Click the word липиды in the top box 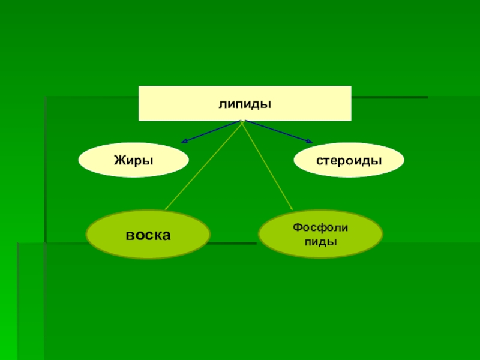pyautogui.click(x=245, y=104)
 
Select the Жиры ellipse pyautogui.click(x=134, y=160)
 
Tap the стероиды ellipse pyautogui.click(x=349, y=160)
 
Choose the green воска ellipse pyautogui.click(x=148, y=235)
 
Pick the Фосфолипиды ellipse pyautogui.click(x=320, y=235)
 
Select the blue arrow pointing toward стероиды pyautogui.click(x=277, y=131)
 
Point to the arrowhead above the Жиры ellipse pyautogui.click(x=184, y=142)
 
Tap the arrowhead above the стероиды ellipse pyautogui.click(x=310, y=142)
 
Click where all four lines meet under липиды pyautogui.click(x=242, y=121)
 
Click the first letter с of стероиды pyautogui.click(x=320, y=161)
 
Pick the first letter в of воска pyautogui.click(x=130, y=235)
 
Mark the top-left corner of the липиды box pyautogui.click(x=139, y=86)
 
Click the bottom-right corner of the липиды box pyautogui.click(x=351, y=121)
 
